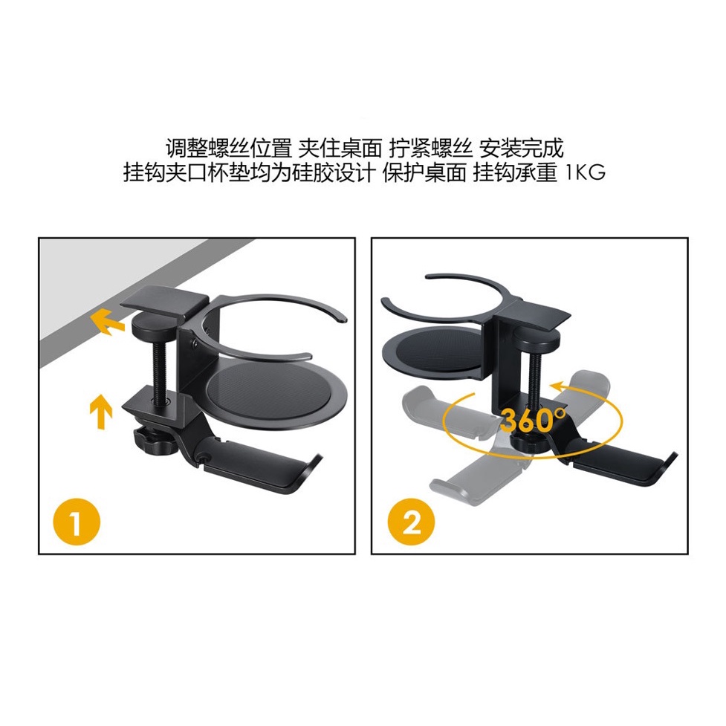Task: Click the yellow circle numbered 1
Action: click(x=77, y=522)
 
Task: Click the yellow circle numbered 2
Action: click(x=411, y=522)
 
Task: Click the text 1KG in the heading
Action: click(x=586, y=172)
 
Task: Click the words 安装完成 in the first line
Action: click(x=520, y=148)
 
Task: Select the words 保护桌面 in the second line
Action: click(x=424, y=172)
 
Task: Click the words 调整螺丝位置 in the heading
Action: click(x=229, y=148)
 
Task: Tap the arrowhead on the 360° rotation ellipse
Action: click(x=557, y=386)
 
